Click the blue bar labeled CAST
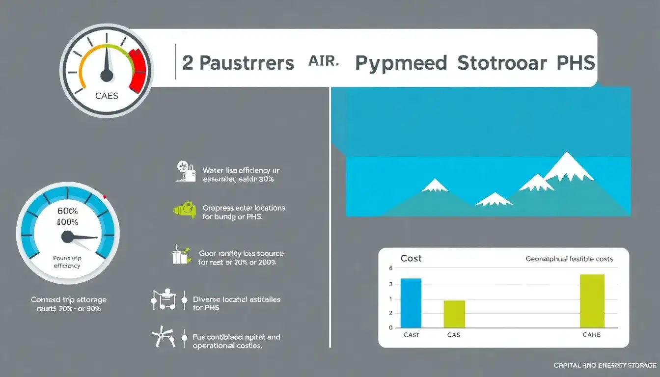coord(411,302)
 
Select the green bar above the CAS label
coord(454,314)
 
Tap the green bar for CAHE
coord(592,300)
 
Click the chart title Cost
coord(411,259)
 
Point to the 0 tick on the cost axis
coord(391,327)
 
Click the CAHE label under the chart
coord(591,335)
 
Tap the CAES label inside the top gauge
coord(107,96)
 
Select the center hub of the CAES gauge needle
coord(107,75)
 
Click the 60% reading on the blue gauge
coord(68,211)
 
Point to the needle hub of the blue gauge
coord(68,237)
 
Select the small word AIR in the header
coord(324,61)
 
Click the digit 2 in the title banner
coord(188,64)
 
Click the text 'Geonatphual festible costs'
coord(569,259)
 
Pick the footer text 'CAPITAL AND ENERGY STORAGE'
coord(605,365)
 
